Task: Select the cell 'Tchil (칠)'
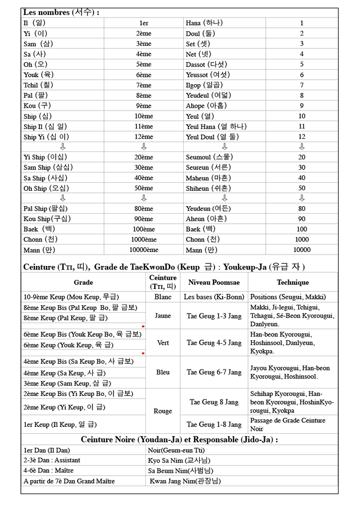[38, 85]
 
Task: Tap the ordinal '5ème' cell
[143, 64]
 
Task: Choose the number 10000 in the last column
[302, 250]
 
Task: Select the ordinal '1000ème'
[143, 240]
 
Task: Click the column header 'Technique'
[293, 282]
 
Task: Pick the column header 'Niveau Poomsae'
[214, 282]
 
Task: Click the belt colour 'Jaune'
[163, 316]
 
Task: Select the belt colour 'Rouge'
[163, 411]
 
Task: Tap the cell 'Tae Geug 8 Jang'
[214, 402]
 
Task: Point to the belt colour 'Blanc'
[163, 297]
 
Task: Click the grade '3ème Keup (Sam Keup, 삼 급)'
[67, 383]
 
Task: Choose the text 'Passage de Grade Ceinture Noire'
[287, 424]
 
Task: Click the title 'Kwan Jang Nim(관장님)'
[185, 481]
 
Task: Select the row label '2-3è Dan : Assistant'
[52, 460]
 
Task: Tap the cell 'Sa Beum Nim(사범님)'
[180, 471]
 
